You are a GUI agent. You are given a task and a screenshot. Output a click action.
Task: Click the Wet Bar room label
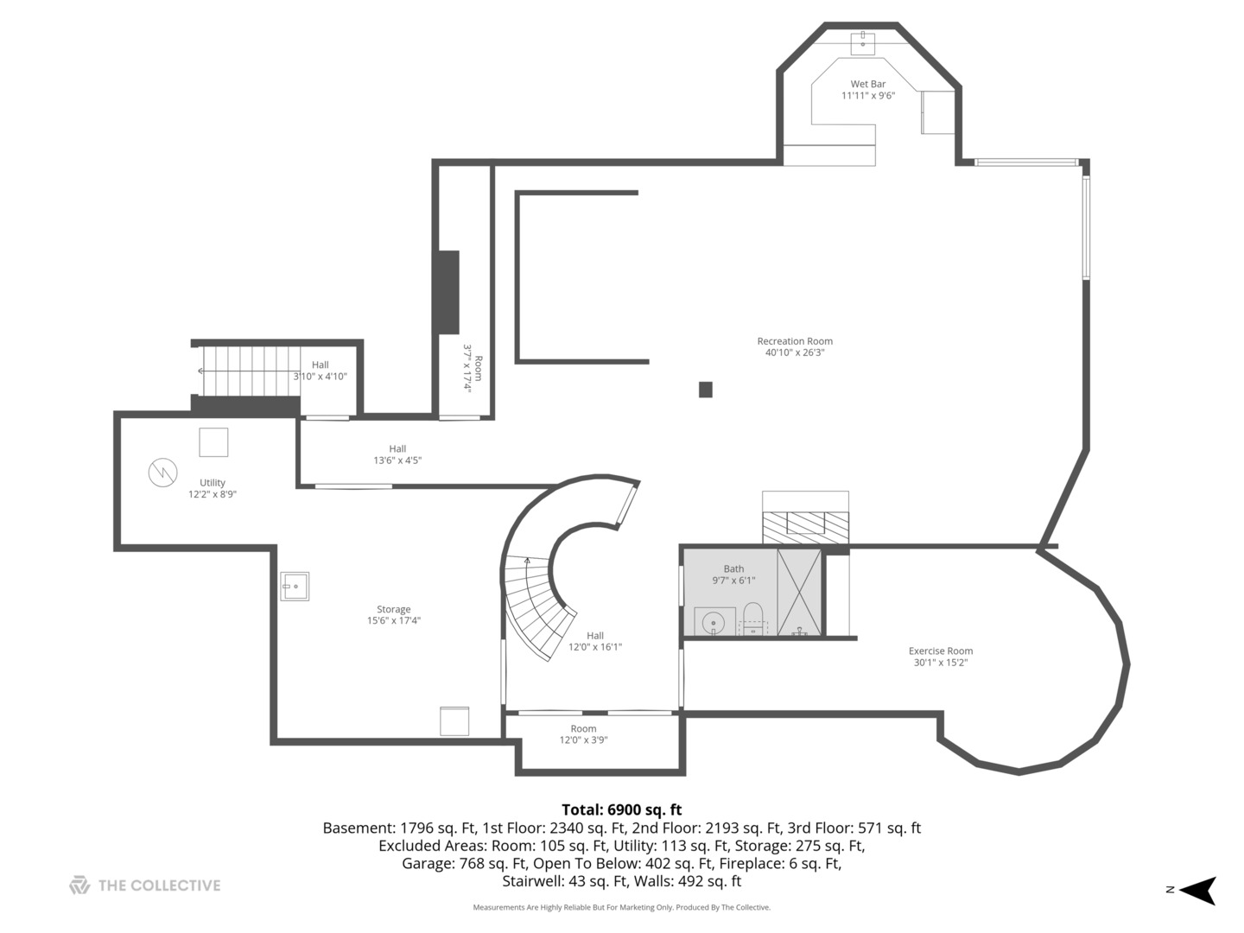[x=867, y=84]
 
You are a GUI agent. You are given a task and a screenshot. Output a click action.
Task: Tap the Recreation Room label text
[x=795, y=341]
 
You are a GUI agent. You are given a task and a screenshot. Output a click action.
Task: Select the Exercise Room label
[x=940, y=651]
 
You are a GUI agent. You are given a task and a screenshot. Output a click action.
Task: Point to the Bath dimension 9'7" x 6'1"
[x=733, y=580]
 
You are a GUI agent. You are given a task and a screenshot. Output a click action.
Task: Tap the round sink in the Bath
[x=713, y=623]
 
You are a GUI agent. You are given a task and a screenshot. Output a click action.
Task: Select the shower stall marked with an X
[x=799, y=592]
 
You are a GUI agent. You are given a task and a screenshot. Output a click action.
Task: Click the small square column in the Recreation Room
[x=705, y=390]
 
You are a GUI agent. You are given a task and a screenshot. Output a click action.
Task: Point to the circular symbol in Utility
[x=162, y=473]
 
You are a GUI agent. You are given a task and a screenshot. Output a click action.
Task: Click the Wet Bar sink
[x=862, y=43]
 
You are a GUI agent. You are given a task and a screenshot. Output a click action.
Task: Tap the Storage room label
[x=393, y=609]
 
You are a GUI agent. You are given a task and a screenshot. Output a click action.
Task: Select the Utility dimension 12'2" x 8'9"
[x=212, y=494]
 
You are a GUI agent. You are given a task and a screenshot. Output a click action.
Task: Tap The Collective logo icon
[x=79, y=885]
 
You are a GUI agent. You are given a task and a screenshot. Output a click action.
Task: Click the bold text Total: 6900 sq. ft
[x=622, y=809]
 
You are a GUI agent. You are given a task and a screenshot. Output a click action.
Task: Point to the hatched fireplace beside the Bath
[x=805, y=528]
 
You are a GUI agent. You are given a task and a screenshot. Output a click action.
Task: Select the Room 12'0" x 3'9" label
[x=583, y=734]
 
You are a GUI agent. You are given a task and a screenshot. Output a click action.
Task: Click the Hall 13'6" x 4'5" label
[x=397, y=454]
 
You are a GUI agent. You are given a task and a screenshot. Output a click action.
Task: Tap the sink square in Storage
[x=295, y=587]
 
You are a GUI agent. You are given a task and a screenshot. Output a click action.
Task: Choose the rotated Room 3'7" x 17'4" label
[x=473, y=368]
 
